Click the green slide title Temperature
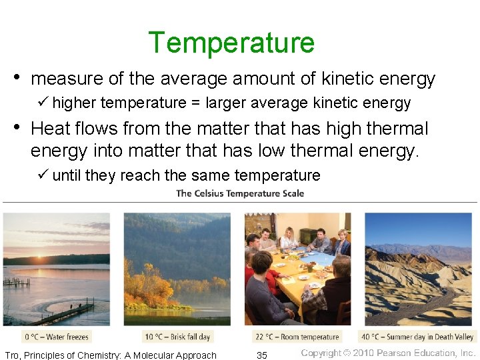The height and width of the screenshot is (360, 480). tap(231, 43)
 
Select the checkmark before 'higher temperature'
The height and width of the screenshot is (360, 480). tap(43, 103)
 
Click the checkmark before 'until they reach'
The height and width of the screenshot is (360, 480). tap(43, 175)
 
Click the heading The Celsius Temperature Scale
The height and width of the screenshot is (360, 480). tap(239, 193)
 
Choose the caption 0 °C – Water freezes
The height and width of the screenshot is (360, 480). tap(57, 337)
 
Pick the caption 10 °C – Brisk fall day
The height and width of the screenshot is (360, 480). tap(177, 337)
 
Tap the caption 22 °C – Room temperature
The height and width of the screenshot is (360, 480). tap(298, 337)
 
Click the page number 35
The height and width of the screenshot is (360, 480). tap(262, 355)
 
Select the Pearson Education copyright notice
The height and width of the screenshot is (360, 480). tap(389, 353)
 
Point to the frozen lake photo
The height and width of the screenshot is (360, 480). tap(57, 269)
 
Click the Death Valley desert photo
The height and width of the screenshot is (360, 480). tap(418, 269)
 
